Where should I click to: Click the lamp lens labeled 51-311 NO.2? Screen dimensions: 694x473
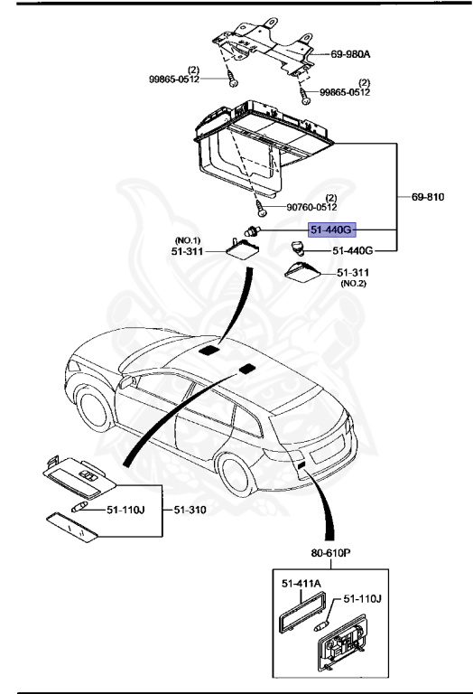304,271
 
